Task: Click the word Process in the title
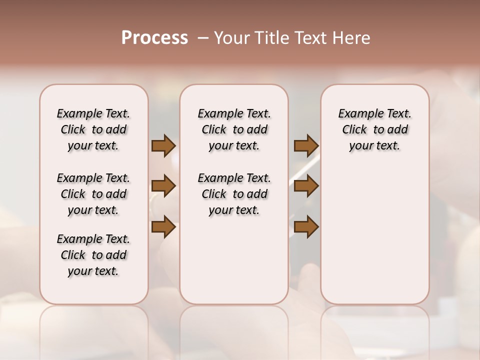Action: pyautogui.click(x=154, y=38)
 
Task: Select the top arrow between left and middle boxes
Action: pyautogui.click(x=163, y=146)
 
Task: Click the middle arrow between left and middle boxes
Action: pyautogui.click(x=163, y=186)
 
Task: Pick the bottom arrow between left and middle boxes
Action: pyautogui.click(x=163, y=227)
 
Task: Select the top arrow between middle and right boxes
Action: pyautogui.click(x=306, y=146)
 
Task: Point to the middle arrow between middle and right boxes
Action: pyautogui.click(x=306, y=186)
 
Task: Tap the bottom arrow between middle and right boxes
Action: pyautogui.click(x=306, y=227)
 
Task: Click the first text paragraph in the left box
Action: pyautogui.click(x=93, y=129)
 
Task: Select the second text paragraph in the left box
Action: pyautogui.click(x=93, y=194)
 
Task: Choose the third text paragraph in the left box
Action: pyautogui.click(x=93, y=255)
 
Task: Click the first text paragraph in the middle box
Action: pyautogui.click(x=234, y=129)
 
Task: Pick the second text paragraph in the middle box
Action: pyautogui.click(x=234, y=194)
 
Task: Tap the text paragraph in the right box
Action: pyautogui.click(x=374, y=129)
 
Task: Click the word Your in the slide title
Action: pyautogui.click(x=230, y=38)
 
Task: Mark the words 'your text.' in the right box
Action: pyautogui.click(x=374, y=146)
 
